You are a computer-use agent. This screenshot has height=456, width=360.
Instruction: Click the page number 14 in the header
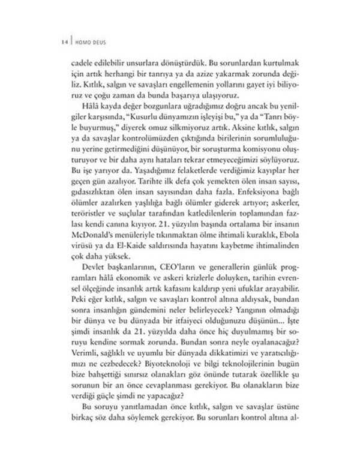(64, 41)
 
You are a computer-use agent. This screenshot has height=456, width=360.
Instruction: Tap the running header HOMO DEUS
(88, 41)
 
